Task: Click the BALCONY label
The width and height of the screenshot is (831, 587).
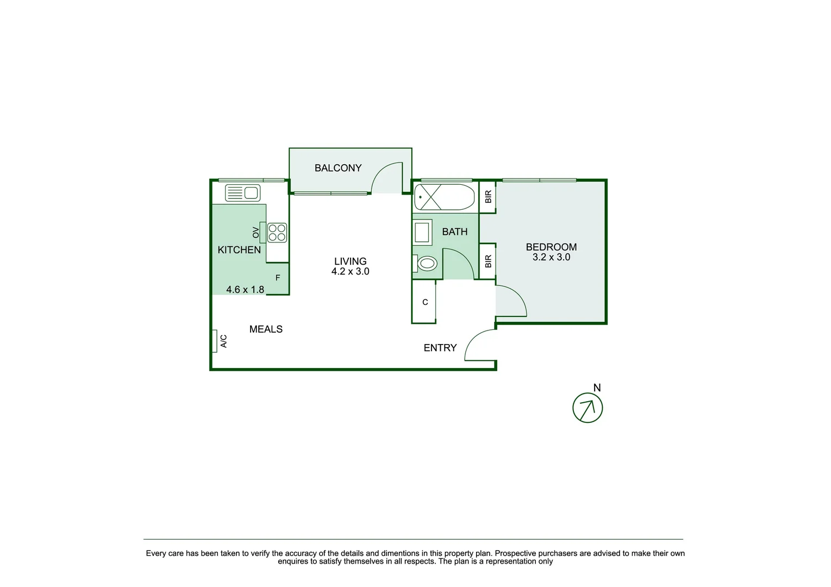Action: pos(338,168)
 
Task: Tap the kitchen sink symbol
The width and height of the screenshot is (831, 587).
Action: pos(242,193)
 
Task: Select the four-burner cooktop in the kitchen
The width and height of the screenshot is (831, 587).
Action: pos(277,233)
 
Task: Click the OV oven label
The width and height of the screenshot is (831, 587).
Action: pos(256,233)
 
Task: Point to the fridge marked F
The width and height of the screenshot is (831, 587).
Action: pos(278,278)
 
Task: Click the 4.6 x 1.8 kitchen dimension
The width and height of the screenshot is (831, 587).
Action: pos(245,290)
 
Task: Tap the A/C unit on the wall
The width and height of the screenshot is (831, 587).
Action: pos(215,341)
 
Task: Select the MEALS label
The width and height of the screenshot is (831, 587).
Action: pos(266,329)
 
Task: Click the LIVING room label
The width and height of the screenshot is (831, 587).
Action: pos(350,261)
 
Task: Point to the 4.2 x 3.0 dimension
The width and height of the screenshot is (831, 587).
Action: pos(350,272)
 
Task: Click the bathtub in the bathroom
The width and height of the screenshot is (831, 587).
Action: pos(444,197)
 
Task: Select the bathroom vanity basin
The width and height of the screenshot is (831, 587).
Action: pos(422,233)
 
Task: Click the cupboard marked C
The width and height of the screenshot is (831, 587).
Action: pos(424,302)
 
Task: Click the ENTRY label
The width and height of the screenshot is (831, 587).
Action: pos(440,348)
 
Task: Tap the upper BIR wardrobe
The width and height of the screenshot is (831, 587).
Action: pos(488,197)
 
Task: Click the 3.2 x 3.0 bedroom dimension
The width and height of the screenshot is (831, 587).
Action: pos(551,258)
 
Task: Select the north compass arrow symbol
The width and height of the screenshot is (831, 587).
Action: pos(588,408)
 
